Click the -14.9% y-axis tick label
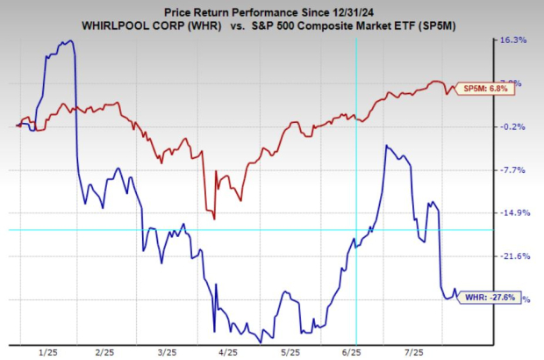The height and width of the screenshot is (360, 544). pos(512,212)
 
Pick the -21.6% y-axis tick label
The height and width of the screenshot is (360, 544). pos(512,256)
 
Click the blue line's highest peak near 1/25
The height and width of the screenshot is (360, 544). pos(68,40)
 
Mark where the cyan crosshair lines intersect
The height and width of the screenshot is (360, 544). pos(355,230)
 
